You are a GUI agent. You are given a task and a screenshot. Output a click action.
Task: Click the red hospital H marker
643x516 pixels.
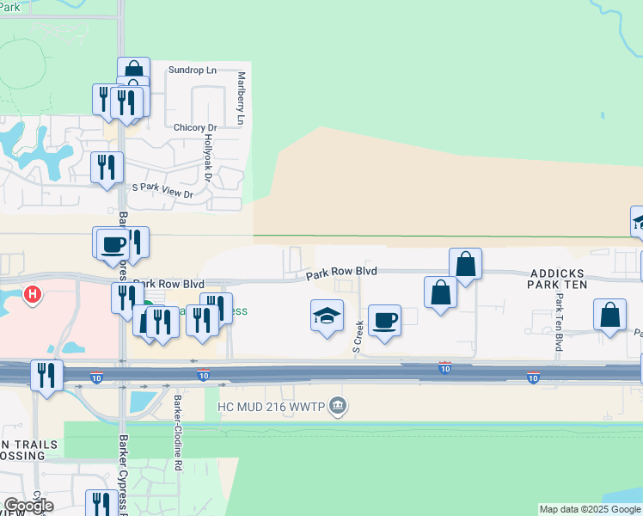[33, 295]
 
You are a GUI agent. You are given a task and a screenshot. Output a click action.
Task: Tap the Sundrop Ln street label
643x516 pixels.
[193, 70]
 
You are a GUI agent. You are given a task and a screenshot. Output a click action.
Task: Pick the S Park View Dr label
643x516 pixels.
[162, 194]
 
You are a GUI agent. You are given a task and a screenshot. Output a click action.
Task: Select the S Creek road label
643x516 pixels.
[358, 335]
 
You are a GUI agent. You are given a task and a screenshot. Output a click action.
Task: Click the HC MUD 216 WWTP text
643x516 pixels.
[272, 406]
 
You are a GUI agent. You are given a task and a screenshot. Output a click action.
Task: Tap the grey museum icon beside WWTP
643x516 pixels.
[338, 406]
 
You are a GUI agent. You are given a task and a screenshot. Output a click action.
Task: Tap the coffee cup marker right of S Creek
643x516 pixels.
[384, 320]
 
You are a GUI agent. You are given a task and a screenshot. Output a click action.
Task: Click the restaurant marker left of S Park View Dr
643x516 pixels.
[107, 165]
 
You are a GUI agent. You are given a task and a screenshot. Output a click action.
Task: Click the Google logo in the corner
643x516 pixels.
[28, 506]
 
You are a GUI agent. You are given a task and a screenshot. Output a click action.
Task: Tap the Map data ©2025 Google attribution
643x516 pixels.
[591, 509]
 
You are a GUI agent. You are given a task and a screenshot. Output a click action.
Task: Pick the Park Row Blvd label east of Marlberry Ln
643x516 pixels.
[343, 272]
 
